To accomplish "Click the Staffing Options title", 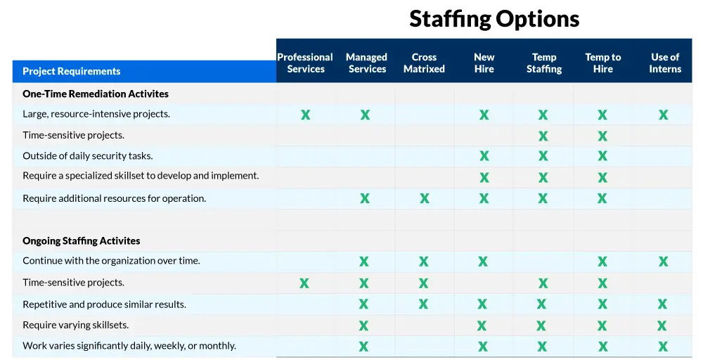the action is coord(494,19).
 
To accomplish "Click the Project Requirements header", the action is coord(71,71).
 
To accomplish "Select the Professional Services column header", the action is coord(305,63).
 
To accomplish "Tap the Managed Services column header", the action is coord(367,63).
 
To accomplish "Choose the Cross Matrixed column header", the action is coord(424,63).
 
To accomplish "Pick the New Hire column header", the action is coord(484,63).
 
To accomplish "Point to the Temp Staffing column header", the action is coord(544,63).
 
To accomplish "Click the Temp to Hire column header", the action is coord(603,63).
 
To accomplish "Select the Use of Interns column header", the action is coord(665,63).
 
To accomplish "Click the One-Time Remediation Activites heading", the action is coord(96,94).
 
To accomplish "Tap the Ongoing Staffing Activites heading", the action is coord(81,240).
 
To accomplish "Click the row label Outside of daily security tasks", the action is coord(87,156).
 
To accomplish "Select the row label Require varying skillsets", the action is coord(75,325).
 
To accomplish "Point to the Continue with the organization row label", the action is coord(111,261).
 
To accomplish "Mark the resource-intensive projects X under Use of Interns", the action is coord(663,115).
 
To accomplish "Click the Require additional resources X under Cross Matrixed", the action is coord(424,198).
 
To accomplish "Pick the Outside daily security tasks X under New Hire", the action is coord(484,155).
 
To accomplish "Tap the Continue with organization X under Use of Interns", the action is coord(663,261).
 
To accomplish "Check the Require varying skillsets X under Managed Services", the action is coord(363,326).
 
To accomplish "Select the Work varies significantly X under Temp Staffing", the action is coord(542,346).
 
